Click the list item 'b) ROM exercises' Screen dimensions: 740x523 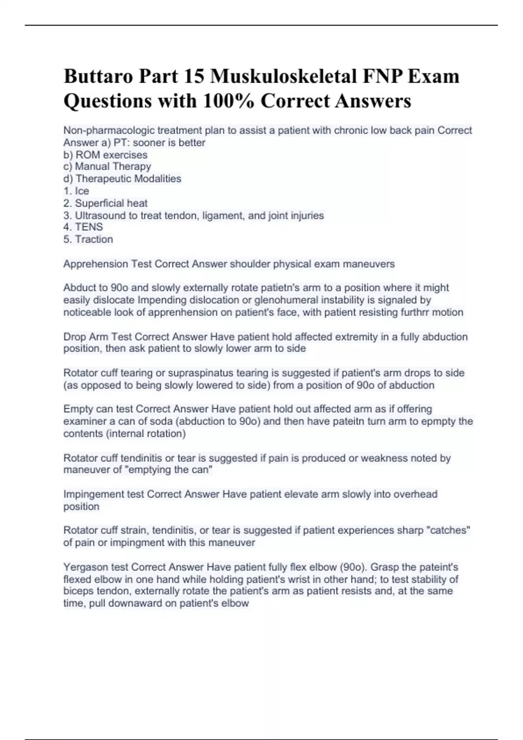tap(105, 155)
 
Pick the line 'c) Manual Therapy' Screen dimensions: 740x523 tap(107, 166)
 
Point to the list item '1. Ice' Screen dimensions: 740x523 tap(76, 191)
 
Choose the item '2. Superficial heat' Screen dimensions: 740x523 tap(105, 203)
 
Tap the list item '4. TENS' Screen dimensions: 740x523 tap(83, 227)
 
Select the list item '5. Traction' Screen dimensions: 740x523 tap(88, 239)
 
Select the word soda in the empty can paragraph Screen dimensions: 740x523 tap(163, 421)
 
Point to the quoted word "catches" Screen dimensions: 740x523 tap(446, 530)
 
